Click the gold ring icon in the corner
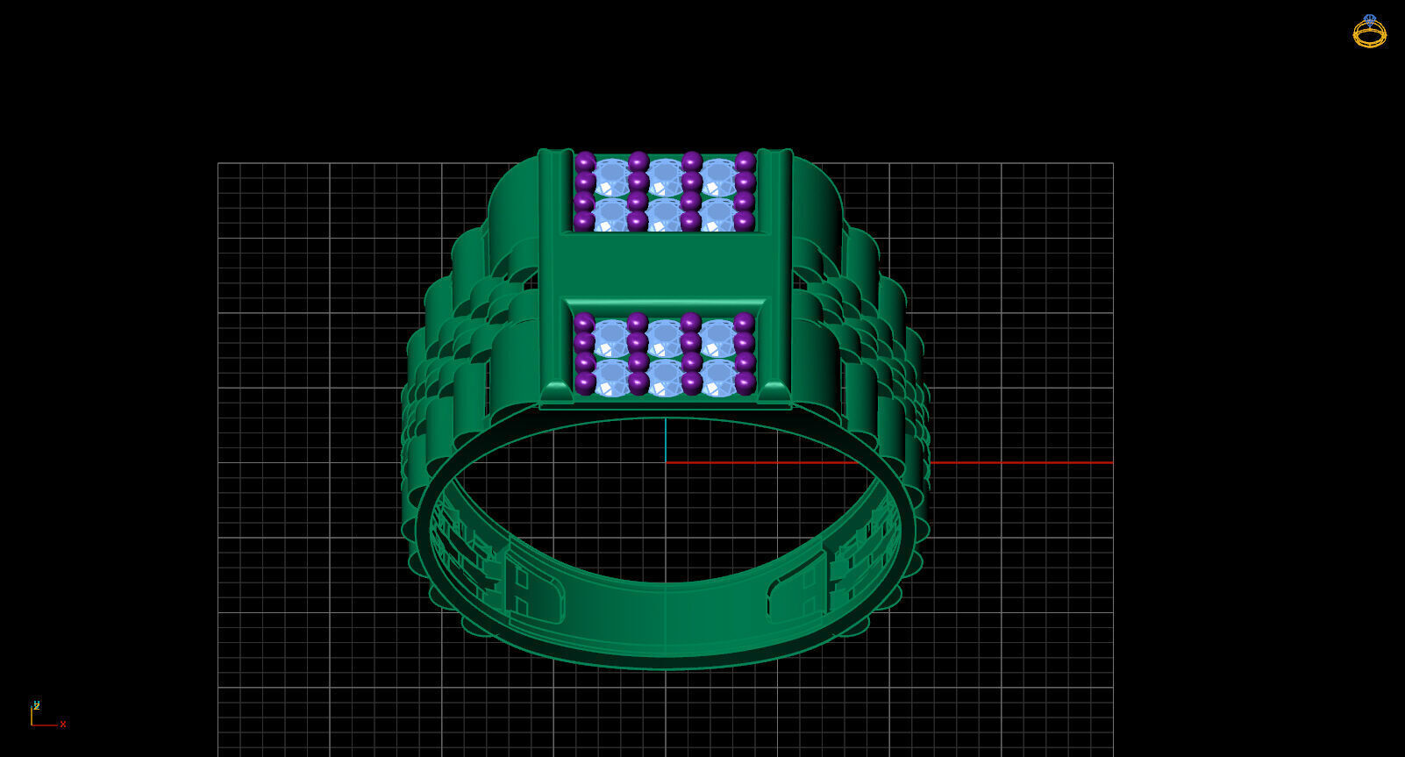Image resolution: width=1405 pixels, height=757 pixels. [x=1369, y=32]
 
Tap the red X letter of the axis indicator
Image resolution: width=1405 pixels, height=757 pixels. [x=63, y=725]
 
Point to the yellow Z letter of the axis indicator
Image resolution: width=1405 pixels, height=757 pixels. [x=36, y=704]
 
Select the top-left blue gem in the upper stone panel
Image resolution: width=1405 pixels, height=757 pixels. [x=611, y=176]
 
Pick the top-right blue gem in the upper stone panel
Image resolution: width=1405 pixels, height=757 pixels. [x=718, y=176]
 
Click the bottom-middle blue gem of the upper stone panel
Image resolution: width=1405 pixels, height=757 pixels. [x=665, y=214]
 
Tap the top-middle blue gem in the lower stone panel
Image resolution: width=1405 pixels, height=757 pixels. [x=665, y=337]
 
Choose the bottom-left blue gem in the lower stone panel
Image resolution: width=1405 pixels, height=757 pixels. [x=611, y=377]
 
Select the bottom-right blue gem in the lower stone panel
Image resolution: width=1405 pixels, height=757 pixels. [x=718, y=377]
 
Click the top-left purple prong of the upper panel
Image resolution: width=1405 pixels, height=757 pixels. [x=585, y=161]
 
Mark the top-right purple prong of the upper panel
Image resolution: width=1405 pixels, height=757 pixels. [x=745, y=161]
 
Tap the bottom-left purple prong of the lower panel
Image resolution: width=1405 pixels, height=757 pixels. [x=585, y=383]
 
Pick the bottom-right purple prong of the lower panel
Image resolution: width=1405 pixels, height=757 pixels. [x=745, y=383]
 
